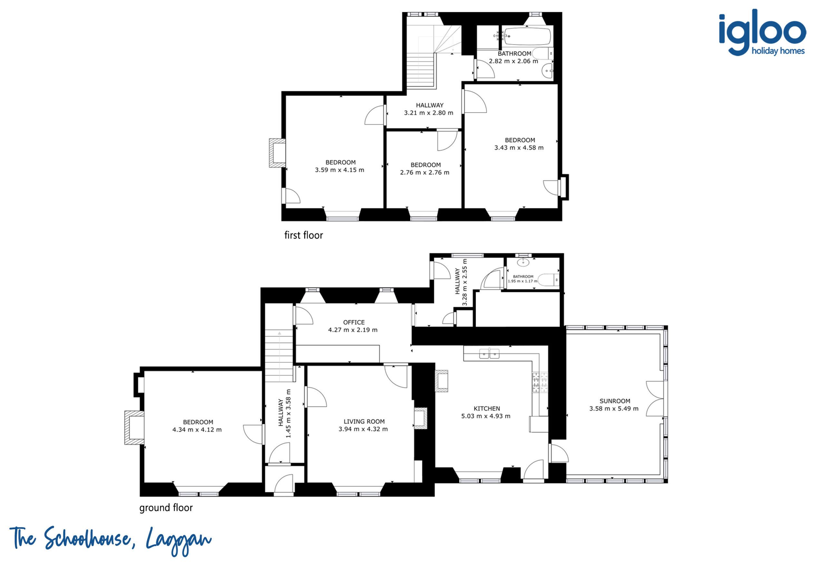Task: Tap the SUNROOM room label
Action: coord(615,401)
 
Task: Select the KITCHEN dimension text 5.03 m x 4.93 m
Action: coord(486,416)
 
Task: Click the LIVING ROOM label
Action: coord(364,421)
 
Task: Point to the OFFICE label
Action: coord(354,322)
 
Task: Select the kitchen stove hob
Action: coord(540,382)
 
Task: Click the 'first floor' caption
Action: coord(304,235)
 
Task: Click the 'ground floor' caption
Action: coord(166,508)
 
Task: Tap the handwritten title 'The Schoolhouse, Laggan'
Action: coord(111,540)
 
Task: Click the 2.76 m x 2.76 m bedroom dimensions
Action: coord(425,172)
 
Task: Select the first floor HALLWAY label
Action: coord(430,105)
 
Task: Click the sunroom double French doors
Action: coord(655,399)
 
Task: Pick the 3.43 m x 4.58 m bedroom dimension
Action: coord(519,148)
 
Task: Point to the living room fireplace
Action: coord(421,418)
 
